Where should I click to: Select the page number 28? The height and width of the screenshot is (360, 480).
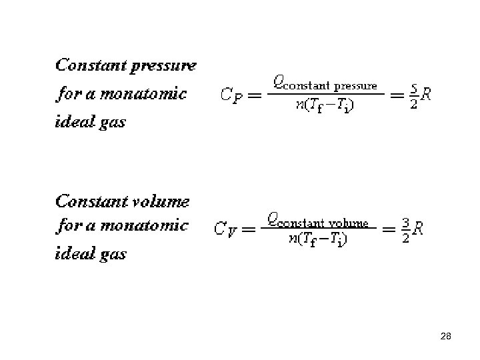(x=446, y=337)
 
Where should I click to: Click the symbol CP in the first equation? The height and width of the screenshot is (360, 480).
(x=231, y=95)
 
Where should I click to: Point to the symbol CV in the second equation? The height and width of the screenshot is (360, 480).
(x=225, y=230)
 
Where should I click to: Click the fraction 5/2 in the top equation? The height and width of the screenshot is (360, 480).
(x=414, y=95)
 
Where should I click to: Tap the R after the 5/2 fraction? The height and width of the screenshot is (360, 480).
(x=426, y=95)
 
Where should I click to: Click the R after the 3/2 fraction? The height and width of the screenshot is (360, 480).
(x=418, y=230)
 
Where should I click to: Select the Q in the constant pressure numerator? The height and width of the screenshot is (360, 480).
(x=280, y=84)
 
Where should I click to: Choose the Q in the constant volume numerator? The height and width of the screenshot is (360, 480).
(x=273, y=219)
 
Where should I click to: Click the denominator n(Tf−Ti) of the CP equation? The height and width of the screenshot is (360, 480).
(x=325, y=107)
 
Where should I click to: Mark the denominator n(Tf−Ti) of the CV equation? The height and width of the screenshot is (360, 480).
(x=317, y=239)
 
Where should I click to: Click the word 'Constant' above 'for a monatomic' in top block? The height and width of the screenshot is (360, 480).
(x=91, y=65)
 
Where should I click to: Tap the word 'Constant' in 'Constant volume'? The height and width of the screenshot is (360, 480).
(x=91, y=201)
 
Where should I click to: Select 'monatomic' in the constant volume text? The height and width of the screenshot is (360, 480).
(x=145, y=225)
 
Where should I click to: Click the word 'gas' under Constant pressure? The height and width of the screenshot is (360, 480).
(x=111, y=123)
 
